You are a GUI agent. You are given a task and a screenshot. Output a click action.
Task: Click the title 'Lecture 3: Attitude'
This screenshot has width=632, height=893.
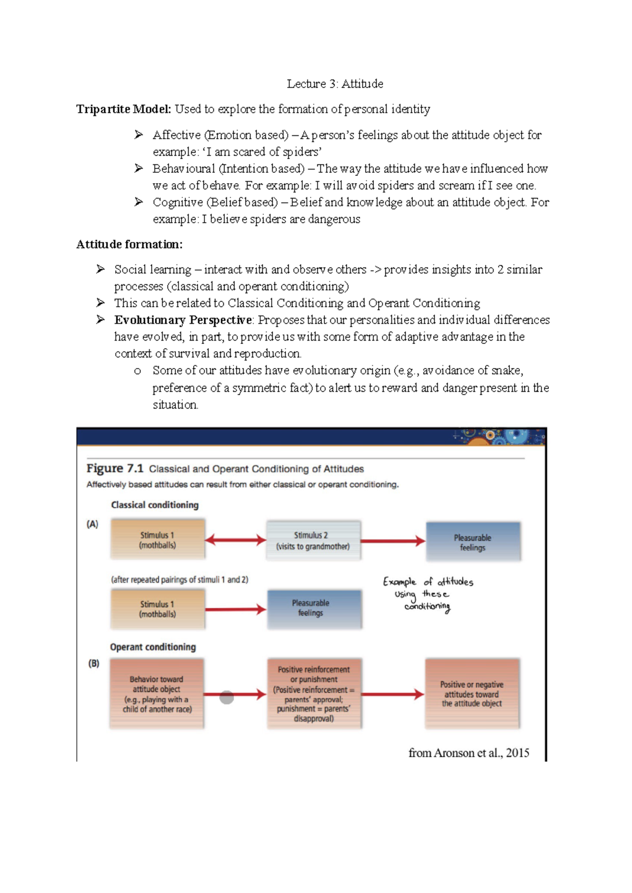(335, 84)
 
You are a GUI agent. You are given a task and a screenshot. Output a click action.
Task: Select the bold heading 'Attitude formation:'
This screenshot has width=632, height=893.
(130, 244)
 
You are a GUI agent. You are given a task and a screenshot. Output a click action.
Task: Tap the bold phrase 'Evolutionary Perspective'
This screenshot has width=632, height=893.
(183, 320)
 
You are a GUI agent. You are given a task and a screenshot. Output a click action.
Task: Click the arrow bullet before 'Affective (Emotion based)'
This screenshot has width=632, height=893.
(139, 135)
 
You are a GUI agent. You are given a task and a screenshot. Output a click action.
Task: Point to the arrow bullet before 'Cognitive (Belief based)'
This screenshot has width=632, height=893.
(139, 202)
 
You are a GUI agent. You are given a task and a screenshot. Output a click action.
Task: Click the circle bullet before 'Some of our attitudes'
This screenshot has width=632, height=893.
(137, 371)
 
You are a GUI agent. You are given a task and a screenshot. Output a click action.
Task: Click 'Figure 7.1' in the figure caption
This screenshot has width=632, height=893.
(115, 469)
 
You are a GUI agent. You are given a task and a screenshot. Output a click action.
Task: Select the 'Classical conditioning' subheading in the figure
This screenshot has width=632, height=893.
(155, 505)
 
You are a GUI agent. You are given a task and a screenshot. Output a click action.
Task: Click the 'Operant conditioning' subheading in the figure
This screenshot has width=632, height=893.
(153, 647)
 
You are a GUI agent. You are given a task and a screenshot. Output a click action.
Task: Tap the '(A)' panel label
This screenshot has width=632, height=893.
(92, 524)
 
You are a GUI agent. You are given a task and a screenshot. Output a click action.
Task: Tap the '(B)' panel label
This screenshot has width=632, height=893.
(93, 663)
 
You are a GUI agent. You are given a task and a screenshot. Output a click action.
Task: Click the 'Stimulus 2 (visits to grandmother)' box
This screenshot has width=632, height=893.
(313, 541)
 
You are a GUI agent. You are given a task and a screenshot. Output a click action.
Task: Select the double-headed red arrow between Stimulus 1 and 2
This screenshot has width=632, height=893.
(235, 540)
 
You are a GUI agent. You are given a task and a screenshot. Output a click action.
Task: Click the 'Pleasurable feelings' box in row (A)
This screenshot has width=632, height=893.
(473, 542)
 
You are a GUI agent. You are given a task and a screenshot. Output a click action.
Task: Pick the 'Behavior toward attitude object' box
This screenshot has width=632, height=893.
(157, 694)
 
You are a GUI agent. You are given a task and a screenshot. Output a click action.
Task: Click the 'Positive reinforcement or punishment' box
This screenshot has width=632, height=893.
(314, 694)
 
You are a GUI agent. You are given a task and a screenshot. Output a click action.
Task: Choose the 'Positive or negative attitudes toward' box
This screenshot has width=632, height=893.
(472, 694)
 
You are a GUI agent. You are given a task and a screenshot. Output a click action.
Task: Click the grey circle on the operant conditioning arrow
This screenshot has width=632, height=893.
(226, 698)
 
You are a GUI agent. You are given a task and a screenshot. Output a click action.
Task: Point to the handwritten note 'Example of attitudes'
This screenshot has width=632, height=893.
(428, 582)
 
